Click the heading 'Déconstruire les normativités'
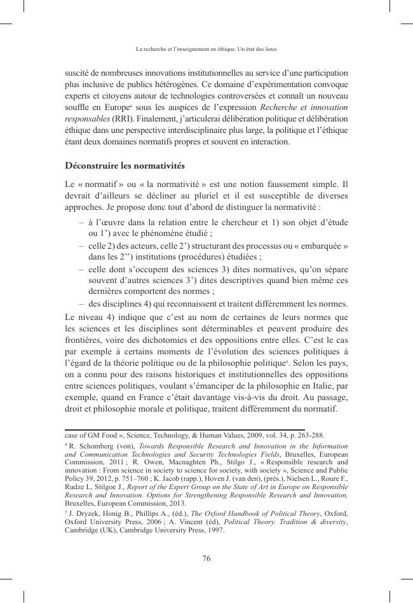125,165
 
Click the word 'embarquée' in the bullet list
326,246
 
